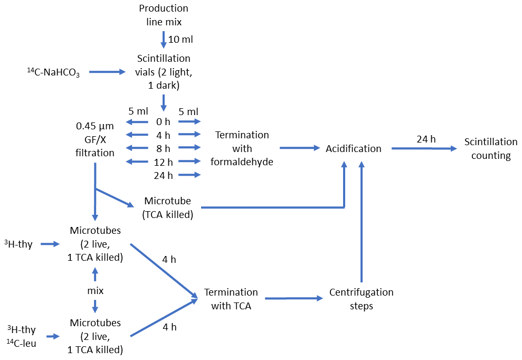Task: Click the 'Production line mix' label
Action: [164, 15]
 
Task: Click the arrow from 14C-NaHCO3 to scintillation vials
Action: [108, 71]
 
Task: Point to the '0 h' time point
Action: [164, 121]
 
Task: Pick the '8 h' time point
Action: [164, 148]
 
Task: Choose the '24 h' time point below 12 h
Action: [164, 175]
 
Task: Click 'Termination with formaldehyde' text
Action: [242, 148]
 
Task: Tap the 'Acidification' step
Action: [354, 148]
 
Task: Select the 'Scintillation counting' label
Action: [491, 148]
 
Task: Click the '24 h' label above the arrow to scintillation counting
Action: [426, 139]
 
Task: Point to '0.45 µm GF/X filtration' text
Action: [95, 139]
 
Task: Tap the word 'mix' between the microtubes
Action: [95, 290]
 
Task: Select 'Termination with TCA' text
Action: [231, 299]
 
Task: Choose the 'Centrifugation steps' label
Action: [361, 299]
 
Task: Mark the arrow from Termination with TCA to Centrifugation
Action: [293, 299]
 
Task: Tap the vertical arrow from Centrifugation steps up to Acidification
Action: [362, 222]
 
